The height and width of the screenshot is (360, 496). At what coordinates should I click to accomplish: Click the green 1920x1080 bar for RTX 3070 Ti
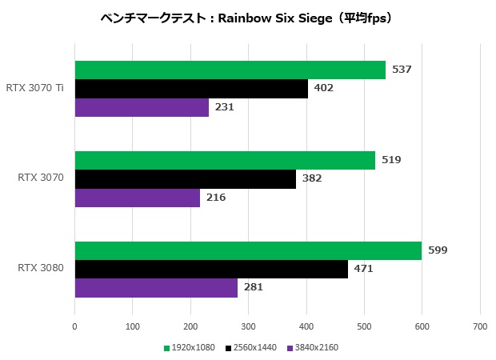click(230, 70)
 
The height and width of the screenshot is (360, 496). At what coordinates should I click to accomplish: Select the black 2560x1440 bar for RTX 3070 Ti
click(191, 88)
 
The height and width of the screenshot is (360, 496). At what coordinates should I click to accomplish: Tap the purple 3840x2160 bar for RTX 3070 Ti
click(142, 107)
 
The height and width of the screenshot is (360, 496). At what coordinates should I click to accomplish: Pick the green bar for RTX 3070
click(225, 160)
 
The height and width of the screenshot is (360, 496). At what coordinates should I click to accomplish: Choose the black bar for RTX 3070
click(185, 178)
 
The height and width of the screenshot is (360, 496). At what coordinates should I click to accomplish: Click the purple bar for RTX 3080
click(156, 287)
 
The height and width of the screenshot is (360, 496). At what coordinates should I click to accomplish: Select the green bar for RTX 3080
click(248, 250)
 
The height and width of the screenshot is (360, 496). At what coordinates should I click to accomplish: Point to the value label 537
click(402, 70)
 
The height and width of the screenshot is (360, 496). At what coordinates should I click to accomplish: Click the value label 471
click(363, 269)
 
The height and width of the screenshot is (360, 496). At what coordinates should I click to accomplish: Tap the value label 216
click(216, 197)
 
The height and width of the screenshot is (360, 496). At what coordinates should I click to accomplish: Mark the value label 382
click(312, 178)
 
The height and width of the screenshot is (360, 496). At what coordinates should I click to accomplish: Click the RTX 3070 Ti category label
click(35, 88)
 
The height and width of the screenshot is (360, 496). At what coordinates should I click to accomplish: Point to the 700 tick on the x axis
click(479, 326)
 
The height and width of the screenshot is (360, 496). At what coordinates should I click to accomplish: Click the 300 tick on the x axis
click(248, 326)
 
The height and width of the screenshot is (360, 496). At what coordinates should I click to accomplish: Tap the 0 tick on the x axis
click(74, 326)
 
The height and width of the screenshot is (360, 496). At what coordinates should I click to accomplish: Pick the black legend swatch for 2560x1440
click(228, 348)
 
